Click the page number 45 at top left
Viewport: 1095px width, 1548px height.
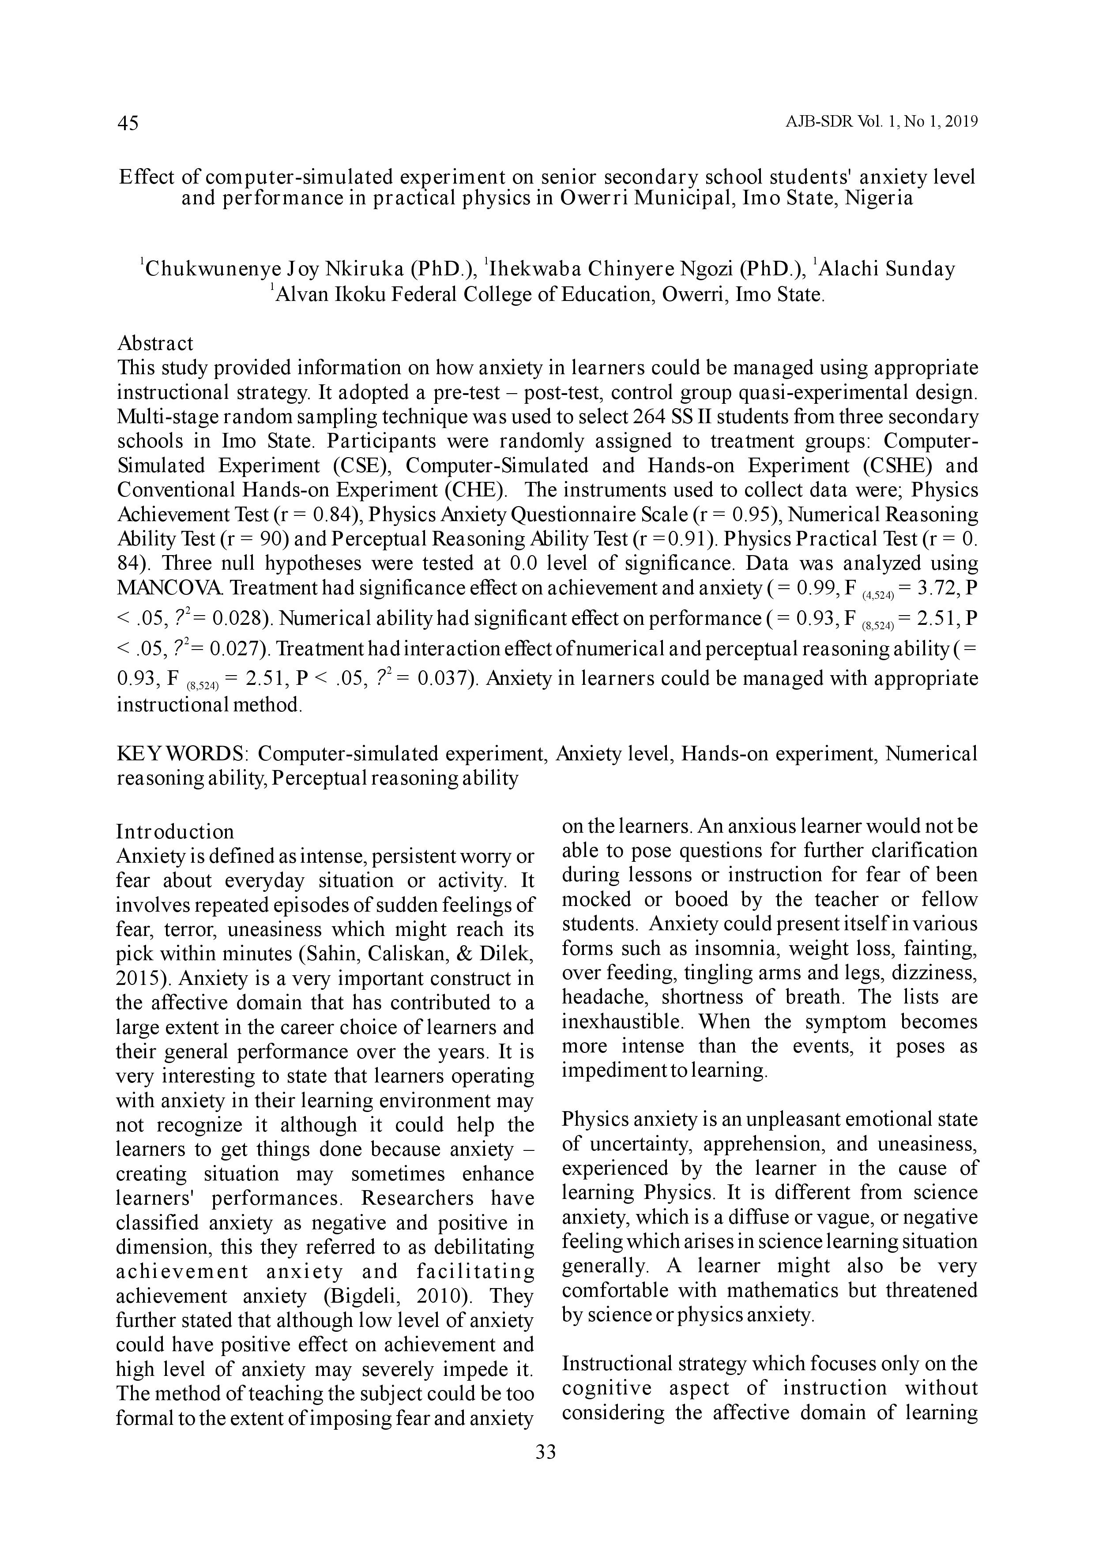click(x=128, y=124)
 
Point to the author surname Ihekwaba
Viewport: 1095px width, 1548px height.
click(x=536, y=269)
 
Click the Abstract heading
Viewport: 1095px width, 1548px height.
click(x=155, y=343)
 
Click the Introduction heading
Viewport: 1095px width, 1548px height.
click(x=175, y=831)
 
